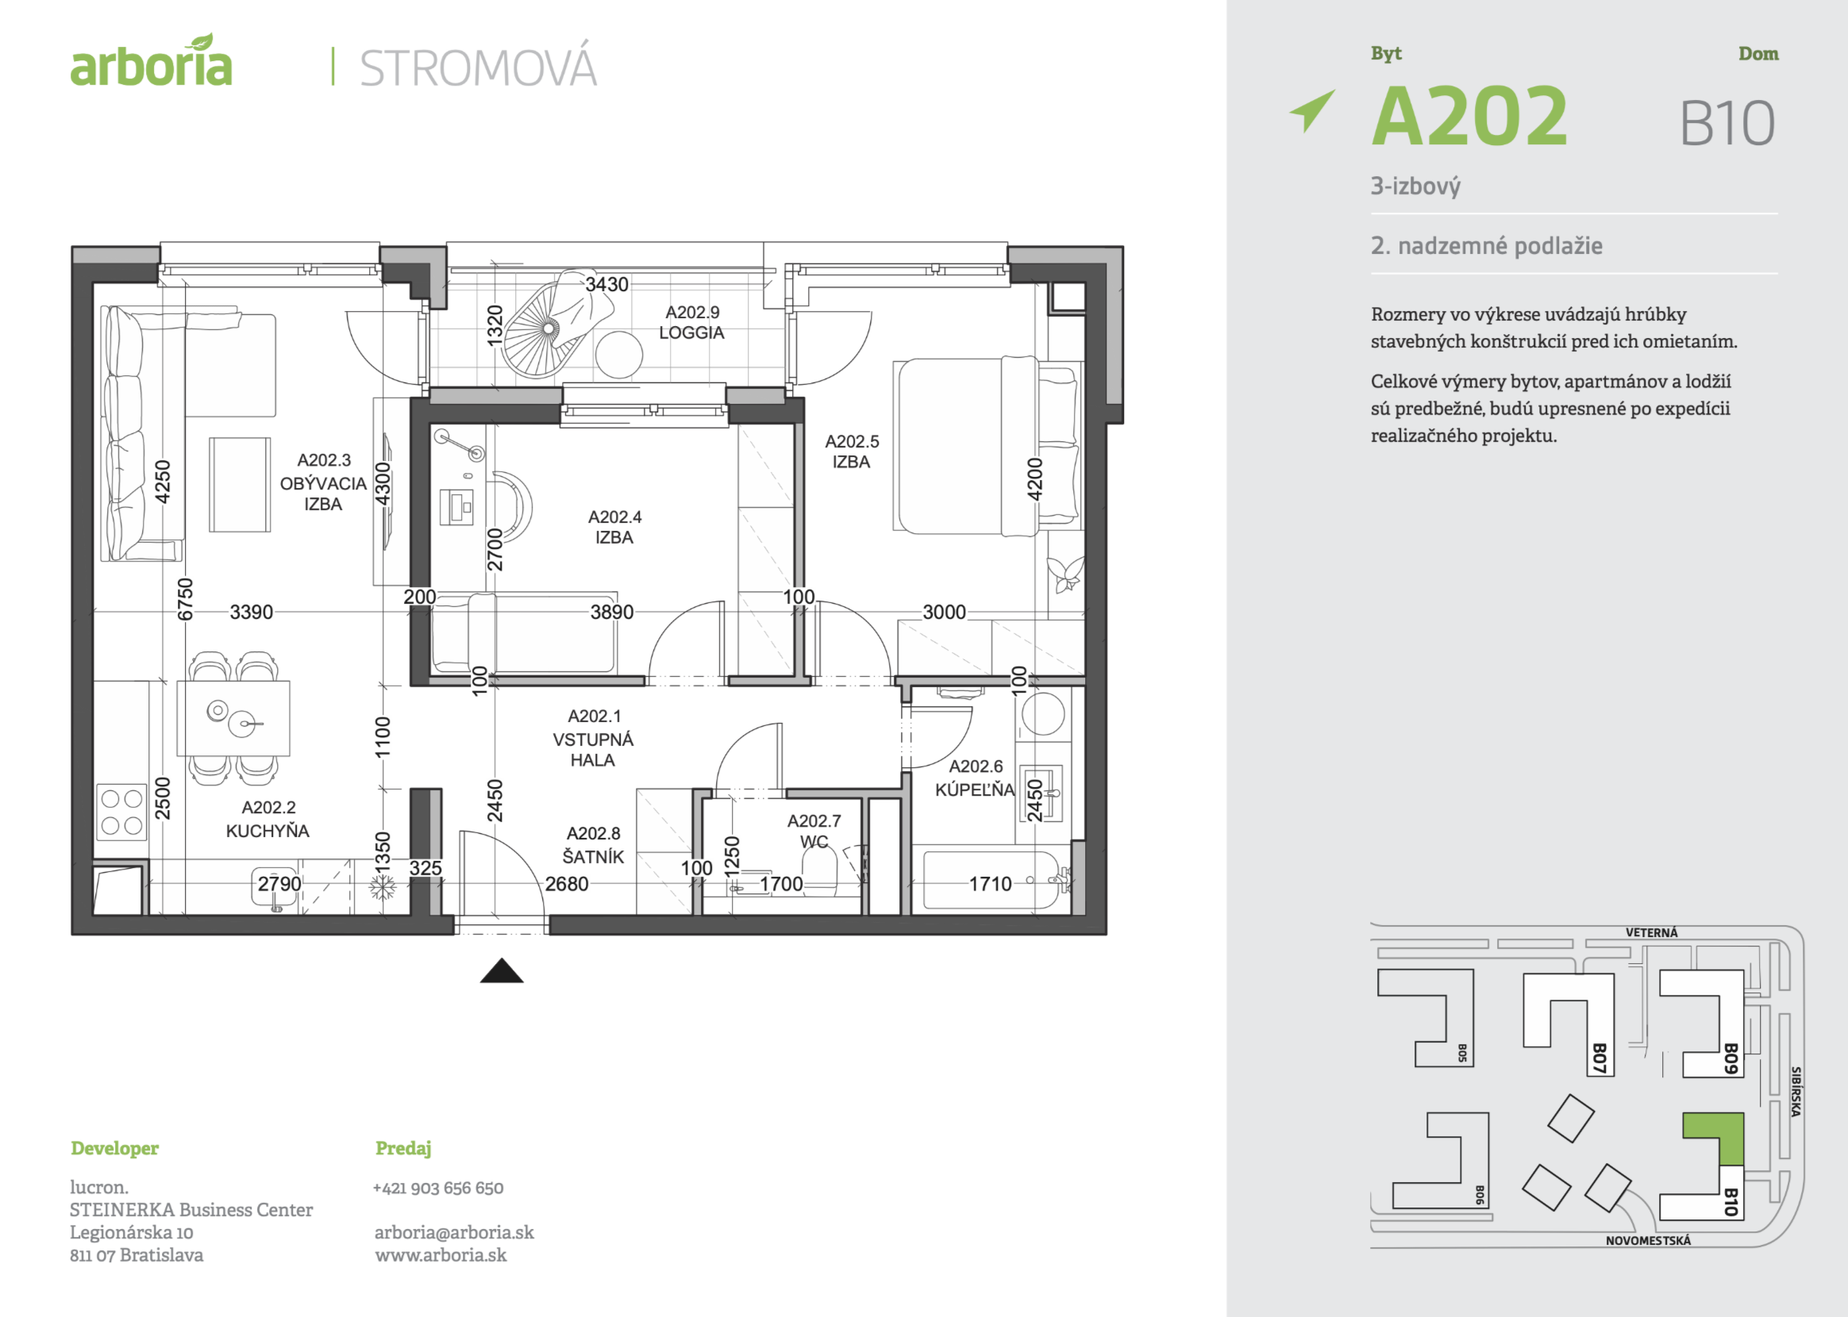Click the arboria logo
click(x=151, y=63)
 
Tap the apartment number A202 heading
click(x=1469, y=117)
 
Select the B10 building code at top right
click(x=1727, y=124)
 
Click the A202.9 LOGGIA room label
click(x=691, y=322)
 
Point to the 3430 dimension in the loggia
click(x=606, y=285)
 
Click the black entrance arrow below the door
click(x=502, y=971)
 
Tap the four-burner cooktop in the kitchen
click(x=121, y=812)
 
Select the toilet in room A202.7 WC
click(x=819, y=870)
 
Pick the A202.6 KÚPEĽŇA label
click(x=975, y=778)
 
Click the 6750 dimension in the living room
click(x=186, y=598)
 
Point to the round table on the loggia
click(x=619, y=355)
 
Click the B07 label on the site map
click(x=1599, y=1058)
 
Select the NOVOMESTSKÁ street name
click(x=1648, y=1241)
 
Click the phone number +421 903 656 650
click(x=438, y=1188)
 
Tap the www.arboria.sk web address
click(x=441, y=1255)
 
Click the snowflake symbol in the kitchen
click(x=382, y=888)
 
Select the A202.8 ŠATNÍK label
click(x=594, y=845)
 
